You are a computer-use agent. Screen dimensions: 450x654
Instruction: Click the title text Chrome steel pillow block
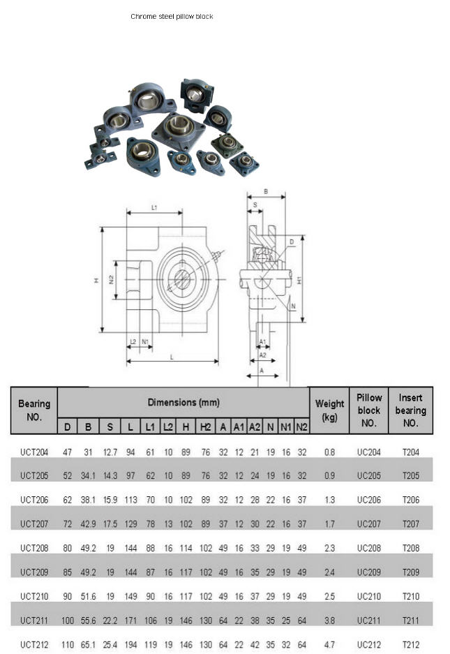click(172, 17)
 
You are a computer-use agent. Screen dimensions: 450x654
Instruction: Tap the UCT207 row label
click(34, 524)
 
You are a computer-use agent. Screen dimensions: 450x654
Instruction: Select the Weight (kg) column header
click(329, 410)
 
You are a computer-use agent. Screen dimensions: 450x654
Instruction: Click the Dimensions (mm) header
click(183, 403)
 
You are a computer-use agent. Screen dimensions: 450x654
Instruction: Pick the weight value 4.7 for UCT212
click(329, 645)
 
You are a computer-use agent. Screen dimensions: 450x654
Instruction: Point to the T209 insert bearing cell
click(410, 572)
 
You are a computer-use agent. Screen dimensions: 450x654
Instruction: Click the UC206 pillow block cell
click(368, 500)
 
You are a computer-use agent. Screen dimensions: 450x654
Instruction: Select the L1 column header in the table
click(150, 426)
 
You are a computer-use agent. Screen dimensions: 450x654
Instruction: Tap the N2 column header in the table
click(301, 426)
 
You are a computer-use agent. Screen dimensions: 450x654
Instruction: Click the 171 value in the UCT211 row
click(130, 620)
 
